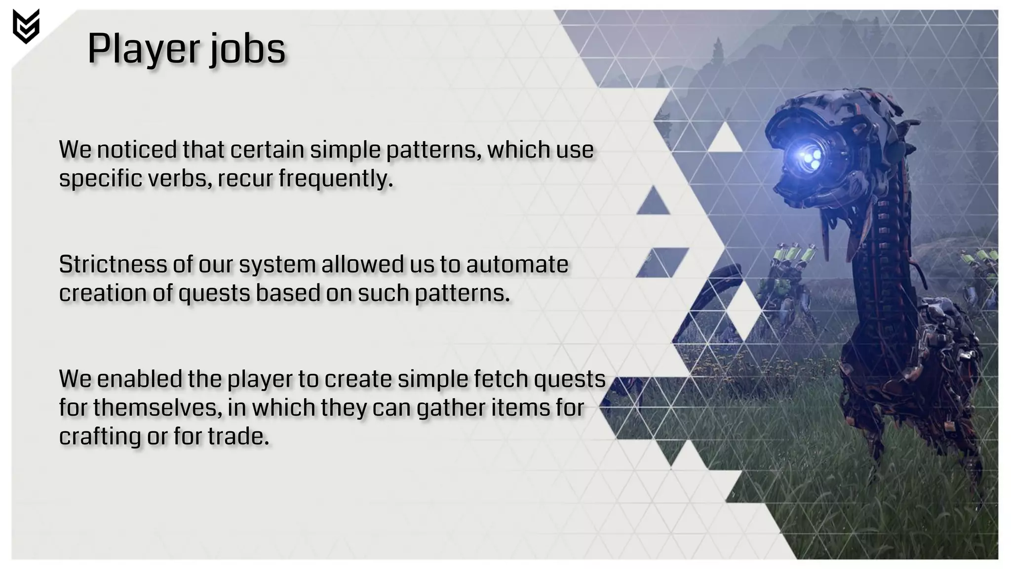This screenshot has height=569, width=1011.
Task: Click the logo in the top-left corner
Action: pos(26,26)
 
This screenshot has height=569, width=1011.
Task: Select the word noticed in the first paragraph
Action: pos(136,150)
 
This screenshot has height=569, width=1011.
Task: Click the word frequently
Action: pos(335,178)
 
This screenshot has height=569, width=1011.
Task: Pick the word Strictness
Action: pos(113,264)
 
